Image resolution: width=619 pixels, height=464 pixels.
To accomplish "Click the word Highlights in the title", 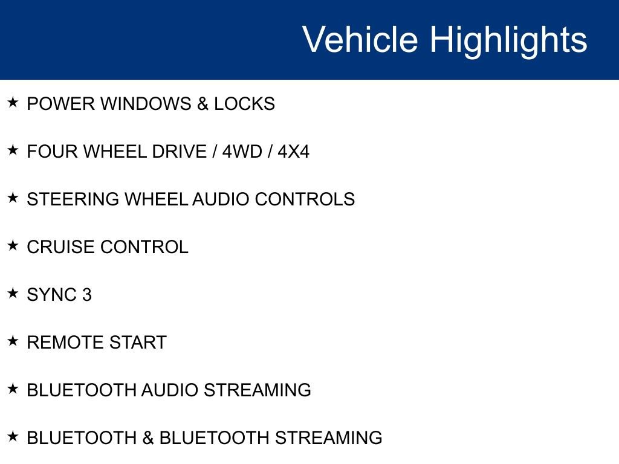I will (508, 40).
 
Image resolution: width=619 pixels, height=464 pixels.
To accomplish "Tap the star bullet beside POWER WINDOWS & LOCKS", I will (13, 103).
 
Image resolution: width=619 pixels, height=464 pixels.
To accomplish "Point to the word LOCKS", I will (244, 104).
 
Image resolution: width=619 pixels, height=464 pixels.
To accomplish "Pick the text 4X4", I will (293, 152).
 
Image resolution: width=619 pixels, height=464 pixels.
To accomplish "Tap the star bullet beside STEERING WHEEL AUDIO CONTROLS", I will (13, 198).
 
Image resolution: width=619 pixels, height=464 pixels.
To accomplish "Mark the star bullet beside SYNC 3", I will (13, 293).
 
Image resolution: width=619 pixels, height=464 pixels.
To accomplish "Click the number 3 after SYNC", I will (87, 295).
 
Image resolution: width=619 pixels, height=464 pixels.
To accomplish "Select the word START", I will (138, 343).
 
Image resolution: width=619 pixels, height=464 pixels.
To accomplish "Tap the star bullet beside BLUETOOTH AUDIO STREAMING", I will (13, 388).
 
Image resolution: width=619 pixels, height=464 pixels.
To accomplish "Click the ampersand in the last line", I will (148, 438).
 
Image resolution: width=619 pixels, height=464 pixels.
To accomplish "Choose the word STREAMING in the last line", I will (329, 438).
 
